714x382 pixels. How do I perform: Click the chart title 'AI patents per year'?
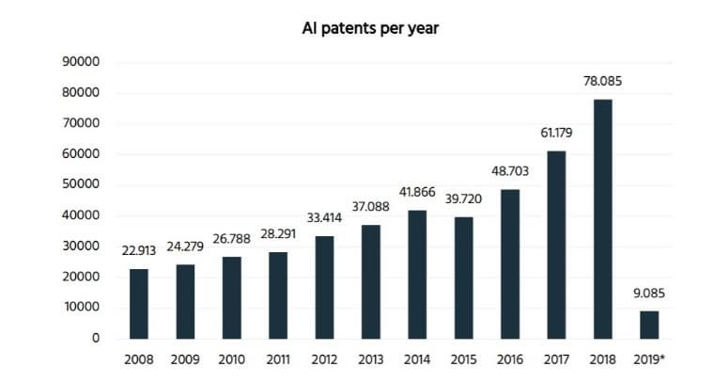point(370,28)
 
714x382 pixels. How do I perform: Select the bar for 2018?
point(603,219)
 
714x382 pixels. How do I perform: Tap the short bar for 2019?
point(649,325)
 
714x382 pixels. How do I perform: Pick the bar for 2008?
point(139,304)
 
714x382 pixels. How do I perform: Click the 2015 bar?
point(463,279)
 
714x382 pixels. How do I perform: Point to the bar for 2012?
point(324,288)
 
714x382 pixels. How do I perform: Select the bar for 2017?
point(556,246)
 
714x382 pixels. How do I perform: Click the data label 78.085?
point(602,81)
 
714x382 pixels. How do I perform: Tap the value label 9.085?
point(649,294)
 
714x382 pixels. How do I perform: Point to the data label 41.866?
point(417,192)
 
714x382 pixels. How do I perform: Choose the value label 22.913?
point(139,250)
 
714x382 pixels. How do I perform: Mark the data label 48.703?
point(510,171)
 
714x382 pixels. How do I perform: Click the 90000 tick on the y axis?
point(81,61)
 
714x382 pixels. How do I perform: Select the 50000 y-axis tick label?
point(81,184)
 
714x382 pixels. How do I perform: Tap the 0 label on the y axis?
point(96,338)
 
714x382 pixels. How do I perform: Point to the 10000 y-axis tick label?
point(82,307)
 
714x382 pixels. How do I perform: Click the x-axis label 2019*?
point(649,359)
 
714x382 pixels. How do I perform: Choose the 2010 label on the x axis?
point(232,359)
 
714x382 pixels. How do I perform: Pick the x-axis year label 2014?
point(417,359)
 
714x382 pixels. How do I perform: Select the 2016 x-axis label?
point(510,359)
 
